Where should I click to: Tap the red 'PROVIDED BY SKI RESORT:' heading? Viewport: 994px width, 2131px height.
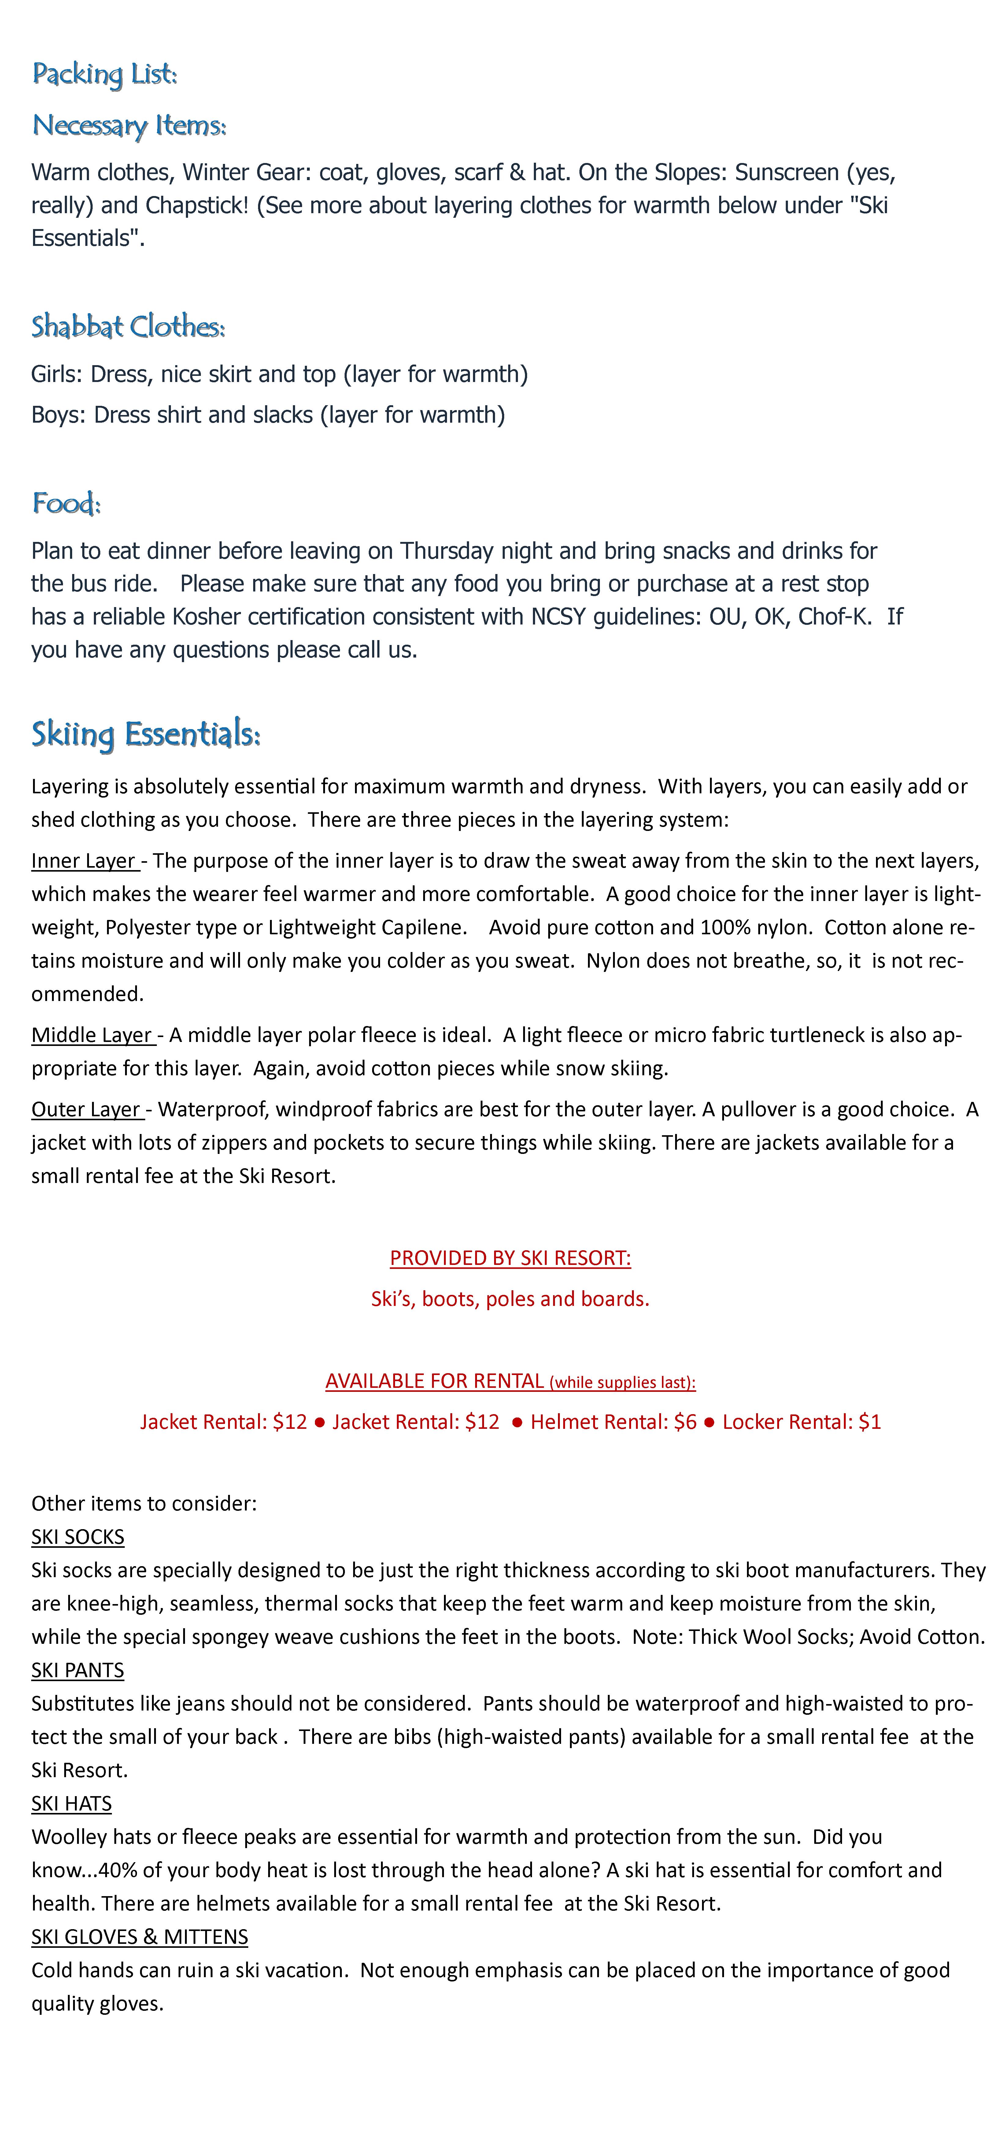[x=510, y=1258]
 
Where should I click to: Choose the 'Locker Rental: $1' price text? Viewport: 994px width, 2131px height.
[x=801, y=1422]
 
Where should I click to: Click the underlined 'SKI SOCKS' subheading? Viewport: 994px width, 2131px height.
[x=78, y=1537]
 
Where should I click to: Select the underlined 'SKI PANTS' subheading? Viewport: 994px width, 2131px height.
[x=78, y=1670]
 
